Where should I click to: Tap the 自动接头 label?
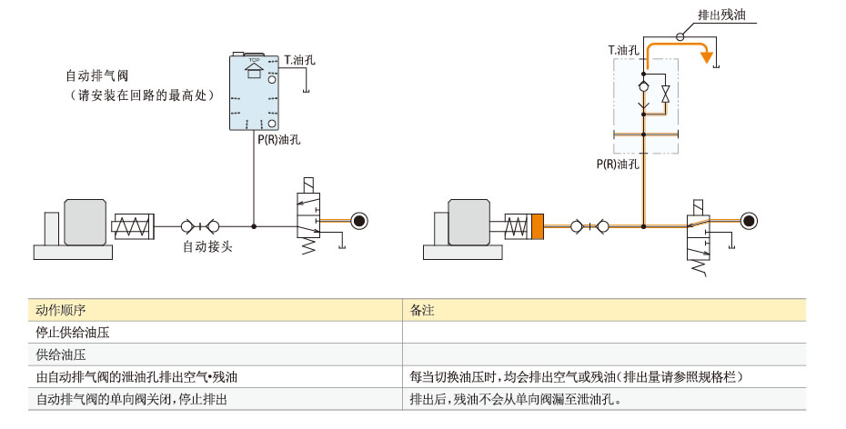point(208,245)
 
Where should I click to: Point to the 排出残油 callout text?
point(720,15)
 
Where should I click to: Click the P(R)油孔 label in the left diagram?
point(278,139)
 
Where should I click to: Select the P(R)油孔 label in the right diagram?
point(618,165)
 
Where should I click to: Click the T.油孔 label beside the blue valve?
point(299,61)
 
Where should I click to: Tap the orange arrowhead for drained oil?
point(704,58)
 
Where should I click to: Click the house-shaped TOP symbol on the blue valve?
point(254,70)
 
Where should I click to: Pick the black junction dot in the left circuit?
point(254,225)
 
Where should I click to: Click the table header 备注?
point(422,310)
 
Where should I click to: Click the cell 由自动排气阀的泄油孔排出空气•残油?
point(143,375)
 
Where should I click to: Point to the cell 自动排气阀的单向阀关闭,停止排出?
point(131,398)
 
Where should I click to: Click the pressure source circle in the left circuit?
point(358,220)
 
